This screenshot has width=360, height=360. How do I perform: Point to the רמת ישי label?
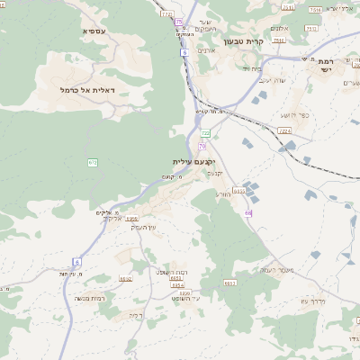point(325,66)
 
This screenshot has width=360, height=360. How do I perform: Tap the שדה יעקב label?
point(271,81)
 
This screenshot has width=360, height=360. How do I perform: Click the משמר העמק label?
point(278,269)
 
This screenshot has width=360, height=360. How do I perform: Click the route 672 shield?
point(92,162)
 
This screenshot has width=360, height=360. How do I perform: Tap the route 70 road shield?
point(202,146)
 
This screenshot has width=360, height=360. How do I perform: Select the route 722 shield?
point(205,133)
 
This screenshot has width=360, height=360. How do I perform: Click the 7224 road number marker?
point(285,130)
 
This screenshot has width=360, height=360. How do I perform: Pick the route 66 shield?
point(248,213)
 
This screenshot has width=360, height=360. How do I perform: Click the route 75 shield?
point(179,22)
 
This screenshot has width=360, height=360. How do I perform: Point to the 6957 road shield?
point(131,219)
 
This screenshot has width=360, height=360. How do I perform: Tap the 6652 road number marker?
point(125,279)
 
